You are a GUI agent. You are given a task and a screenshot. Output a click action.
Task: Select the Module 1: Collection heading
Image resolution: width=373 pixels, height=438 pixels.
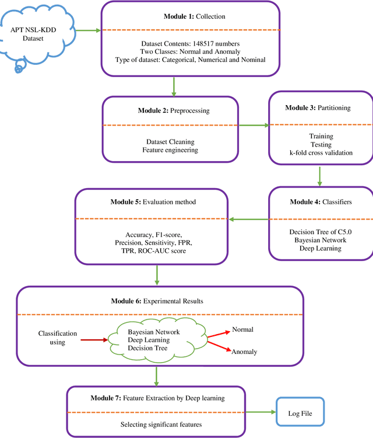click(x=190, y=16)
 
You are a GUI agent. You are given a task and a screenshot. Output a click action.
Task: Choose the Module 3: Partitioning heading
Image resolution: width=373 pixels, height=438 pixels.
click(x=321, y=109)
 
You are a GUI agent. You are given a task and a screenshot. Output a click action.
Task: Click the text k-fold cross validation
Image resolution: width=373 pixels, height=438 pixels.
click(x=321, y=154)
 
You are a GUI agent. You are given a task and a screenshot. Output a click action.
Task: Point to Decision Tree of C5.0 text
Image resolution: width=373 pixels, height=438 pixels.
click(x=321, y=232)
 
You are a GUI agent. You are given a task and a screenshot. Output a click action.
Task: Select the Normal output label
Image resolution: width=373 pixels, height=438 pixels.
click(x=242, y=330)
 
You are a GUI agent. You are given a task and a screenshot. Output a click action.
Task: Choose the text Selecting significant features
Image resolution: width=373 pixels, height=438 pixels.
click(x=161, y=425)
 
